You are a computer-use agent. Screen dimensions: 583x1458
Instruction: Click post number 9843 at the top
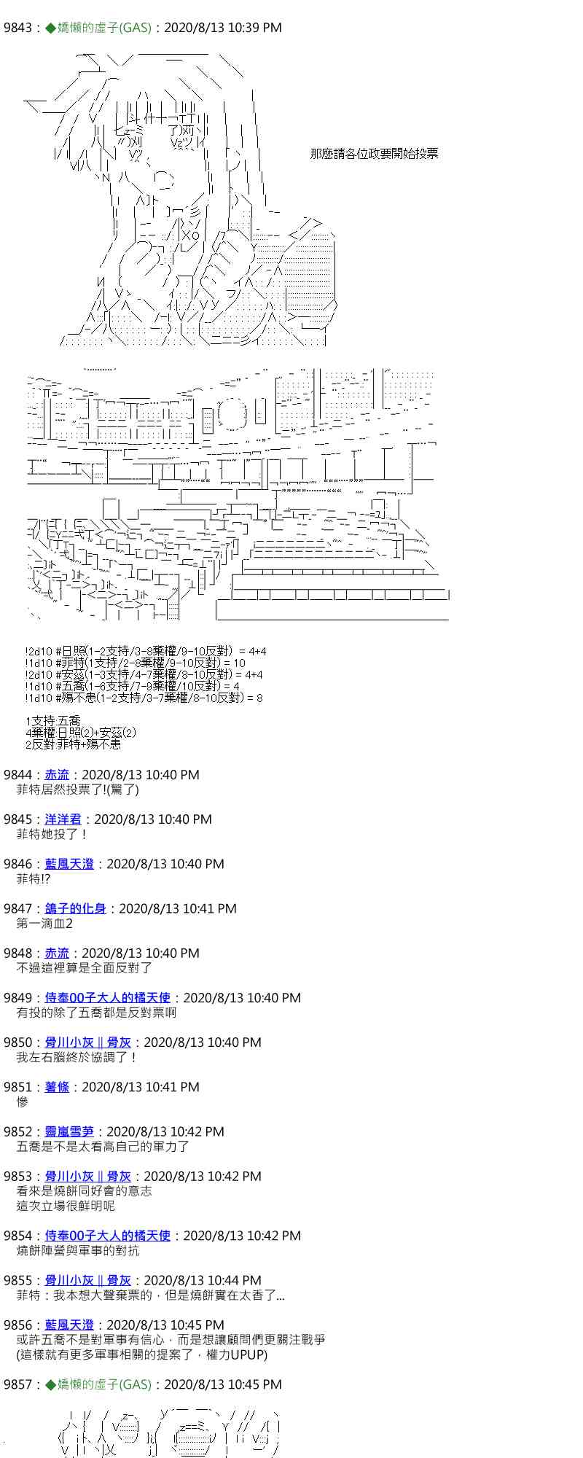click(x=17, y=28)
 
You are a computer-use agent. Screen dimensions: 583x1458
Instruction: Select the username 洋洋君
click(x=63, y=819)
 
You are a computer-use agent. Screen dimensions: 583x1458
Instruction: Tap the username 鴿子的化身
click(x=76, y=908)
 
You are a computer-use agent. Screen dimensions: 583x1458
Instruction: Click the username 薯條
click(x=57, y=1087)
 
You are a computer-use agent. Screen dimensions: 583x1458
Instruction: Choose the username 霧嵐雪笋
click(x=69, y=1131)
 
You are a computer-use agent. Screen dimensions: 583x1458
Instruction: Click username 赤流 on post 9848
click(x=57, y=953)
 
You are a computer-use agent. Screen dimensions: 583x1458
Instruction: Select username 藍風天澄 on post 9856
click(x=69, y=1325)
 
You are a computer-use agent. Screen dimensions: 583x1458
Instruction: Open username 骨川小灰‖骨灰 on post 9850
click(x=88, y=1042)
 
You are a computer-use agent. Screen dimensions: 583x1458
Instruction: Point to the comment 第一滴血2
click(x=44, y=924)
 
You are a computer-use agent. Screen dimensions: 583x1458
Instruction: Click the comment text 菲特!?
click(x=34, y=879)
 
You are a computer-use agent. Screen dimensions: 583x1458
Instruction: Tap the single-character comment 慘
click(x=23, y=1102)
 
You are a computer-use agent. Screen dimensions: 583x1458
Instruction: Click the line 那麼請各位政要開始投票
click(x=374, y=153)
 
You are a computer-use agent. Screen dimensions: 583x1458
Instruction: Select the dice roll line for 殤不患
click(x=144, y=698)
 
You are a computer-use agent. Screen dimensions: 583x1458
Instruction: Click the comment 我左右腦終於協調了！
click(x=77, y=1057)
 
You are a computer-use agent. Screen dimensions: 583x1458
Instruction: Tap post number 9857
click(x=17, y=1384)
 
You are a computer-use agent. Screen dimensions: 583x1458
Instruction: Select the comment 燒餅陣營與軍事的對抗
click(x=78, y=1250)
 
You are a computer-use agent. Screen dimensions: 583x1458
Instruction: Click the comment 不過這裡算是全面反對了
click(x=85, y=968)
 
